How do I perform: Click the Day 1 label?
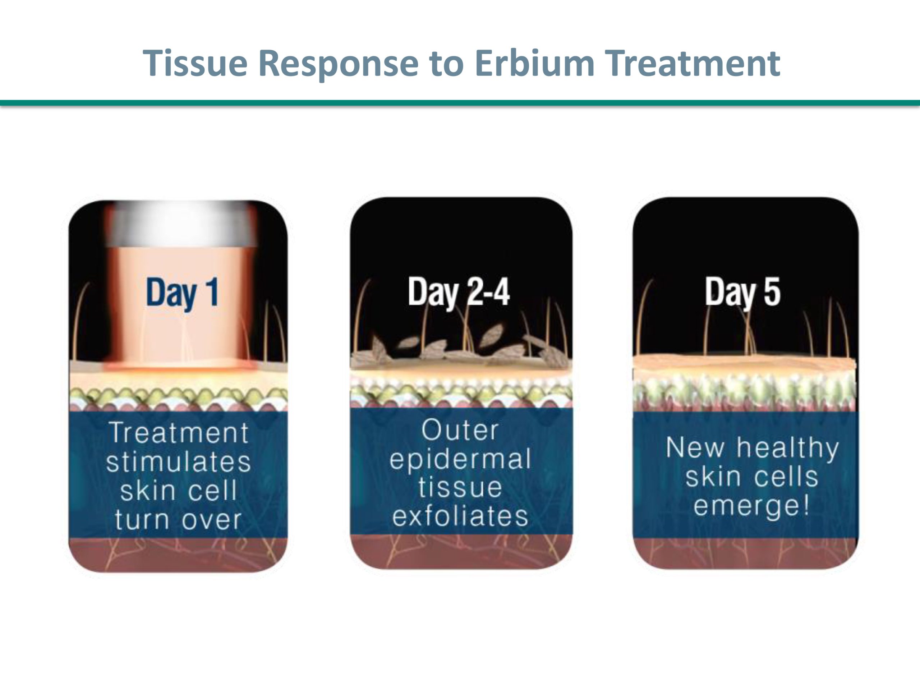point(182,293)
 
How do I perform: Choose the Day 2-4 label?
point(459,293)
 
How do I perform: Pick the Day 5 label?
point(743,293)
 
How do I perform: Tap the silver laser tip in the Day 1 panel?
point(182,224)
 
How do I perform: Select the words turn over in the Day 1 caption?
point(178,520)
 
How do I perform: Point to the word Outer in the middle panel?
point(460,430)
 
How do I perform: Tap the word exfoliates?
point(460,516)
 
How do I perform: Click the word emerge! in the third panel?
point(751,506)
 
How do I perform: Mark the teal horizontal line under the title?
point(460,103)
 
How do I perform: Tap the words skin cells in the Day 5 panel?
point(751,477)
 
